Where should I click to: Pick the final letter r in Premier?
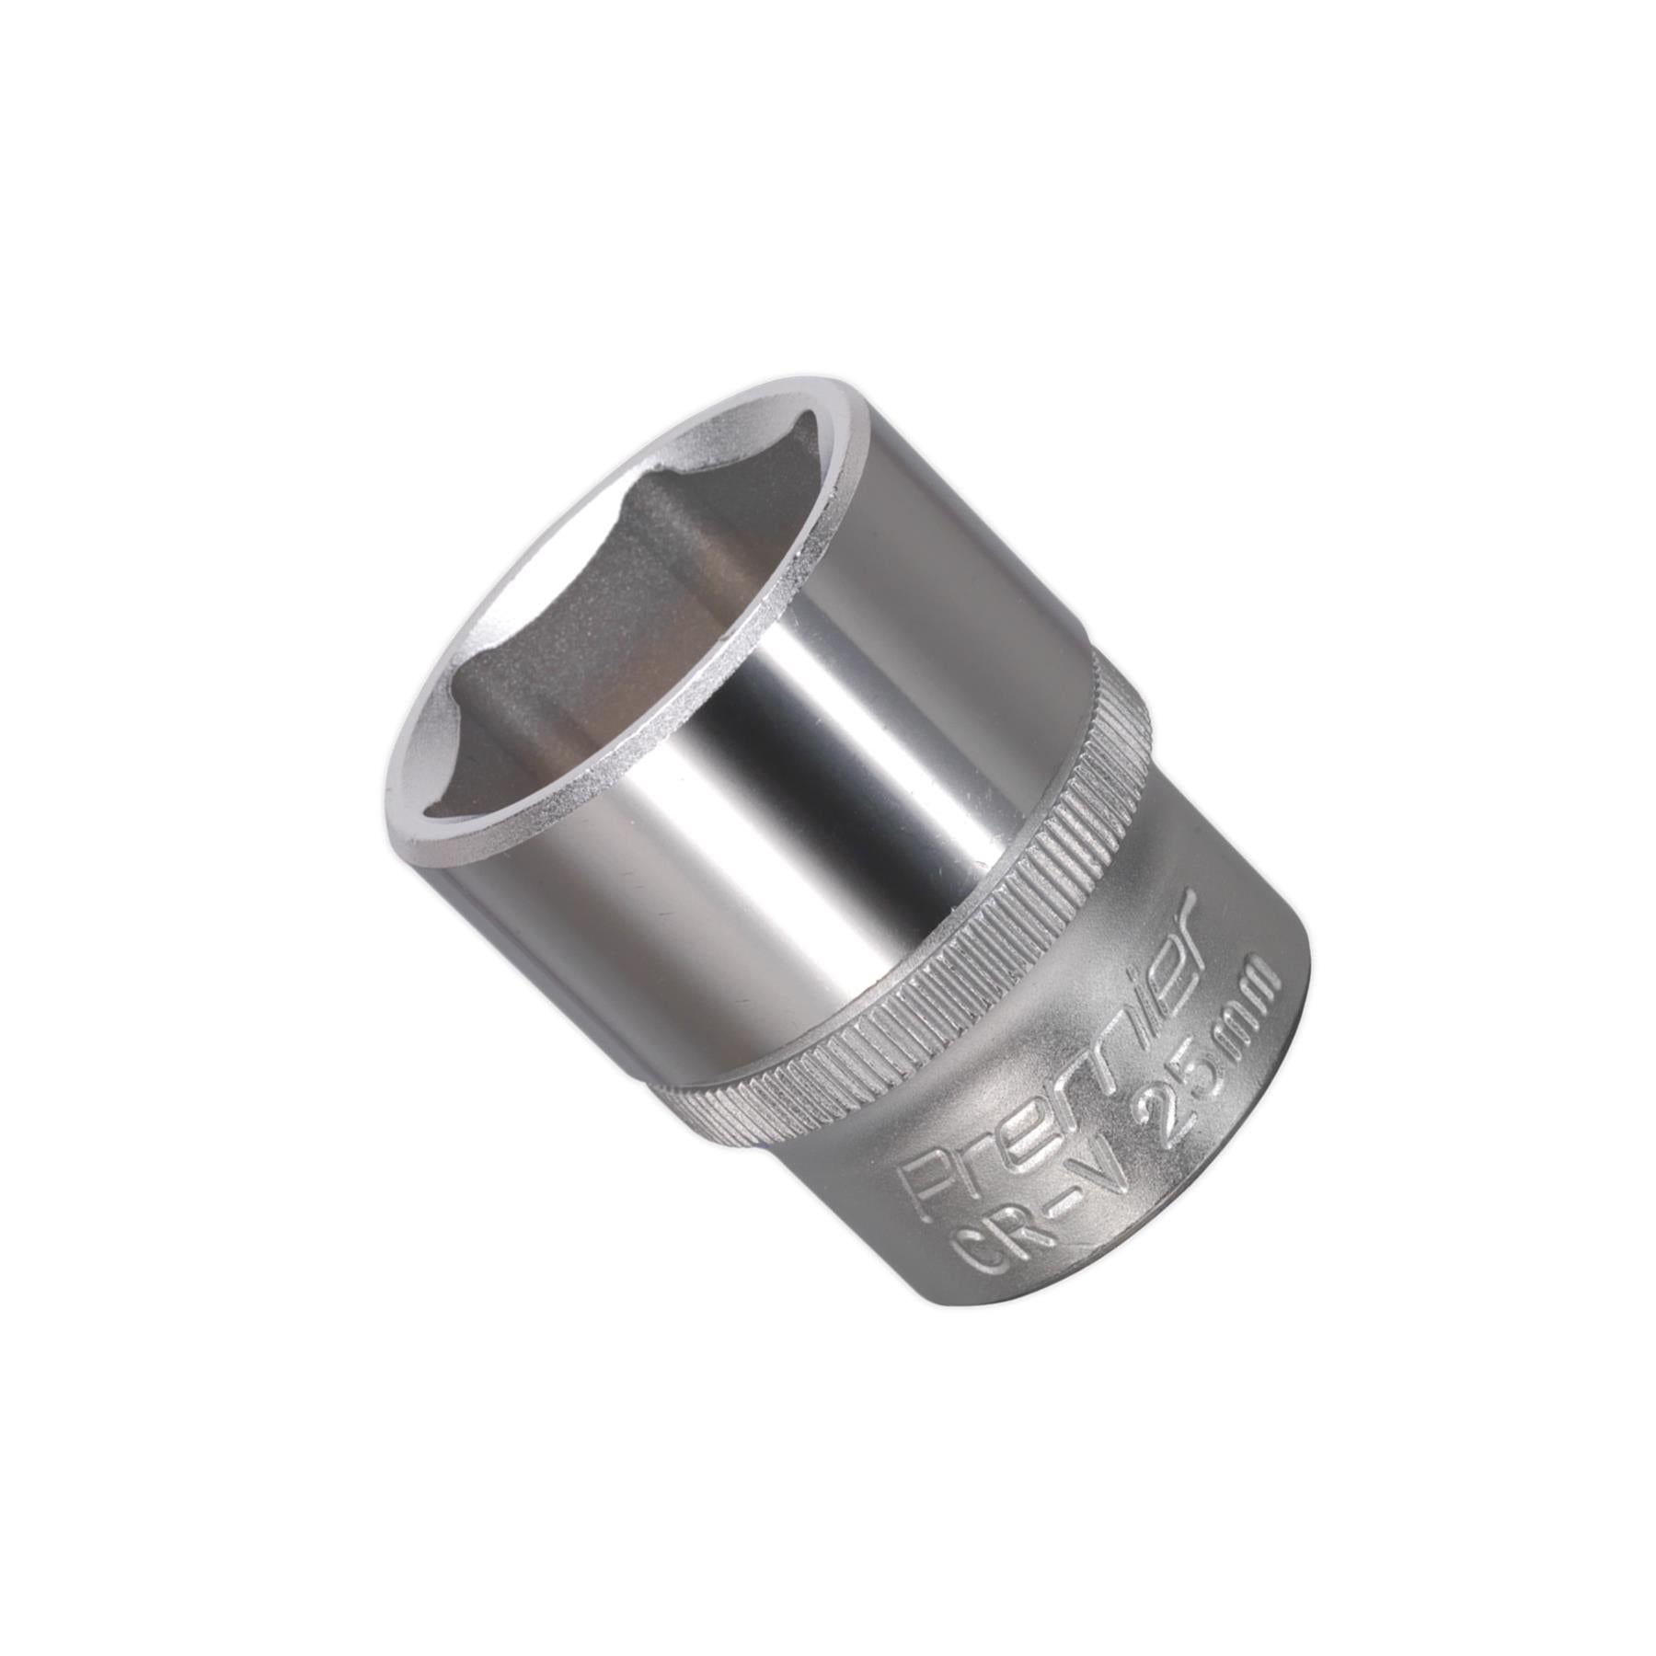1178,920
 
